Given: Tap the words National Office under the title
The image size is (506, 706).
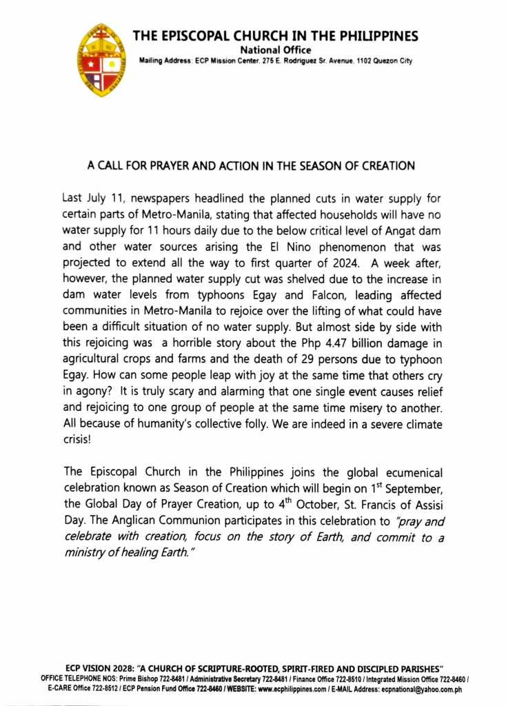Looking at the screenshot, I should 275,50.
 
